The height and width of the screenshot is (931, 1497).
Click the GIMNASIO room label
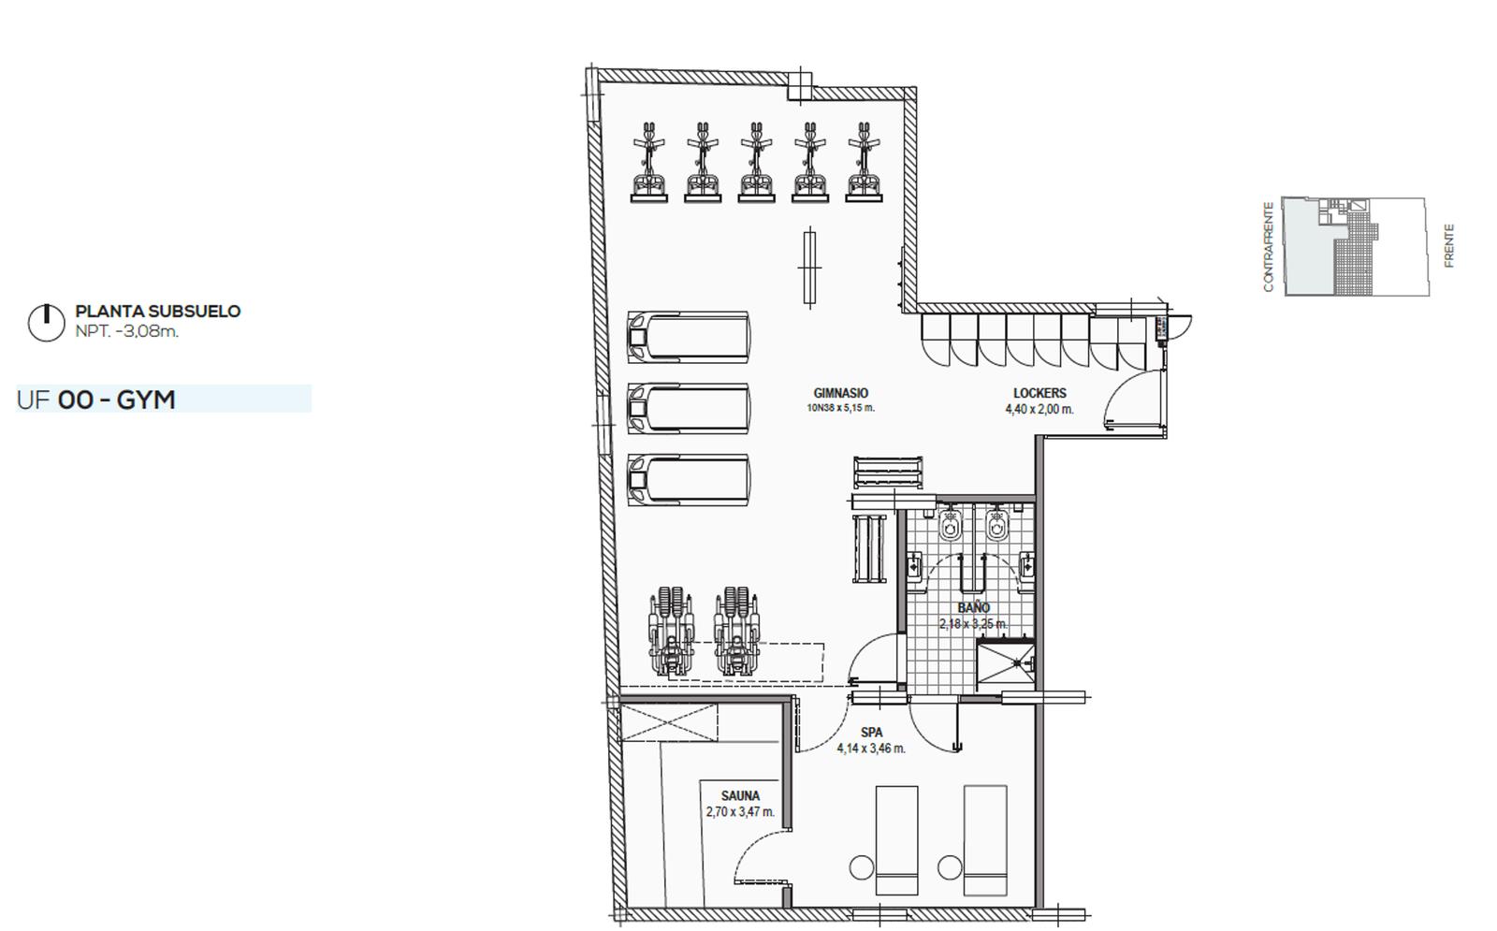841,393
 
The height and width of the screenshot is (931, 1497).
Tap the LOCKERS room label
1039,393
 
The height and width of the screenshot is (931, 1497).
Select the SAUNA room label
740,795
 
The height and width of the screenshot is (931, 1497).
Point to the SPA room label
871,732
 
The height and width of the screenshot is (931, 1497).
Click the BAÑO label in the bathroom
974,607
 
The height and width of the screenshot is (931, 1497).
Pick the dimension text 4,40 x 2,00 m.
1039,409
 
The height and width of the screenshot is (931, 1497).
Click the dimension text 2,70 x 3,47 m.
740,812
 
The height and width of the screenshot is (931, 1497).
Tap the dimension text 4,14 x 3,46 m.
871,749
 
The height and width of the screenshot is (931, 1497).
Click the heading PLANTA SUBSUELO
158,311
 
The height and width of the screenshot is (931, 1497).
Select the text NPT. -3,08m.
127,331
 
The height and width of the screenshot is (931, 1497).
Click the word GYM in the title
146,400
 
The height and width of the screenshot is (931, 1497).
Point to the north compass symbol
46,323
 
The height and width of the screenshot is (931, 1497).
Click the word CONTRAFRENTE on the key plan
1269,247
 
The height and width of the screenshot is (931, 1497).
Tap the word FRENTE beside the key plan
1449,246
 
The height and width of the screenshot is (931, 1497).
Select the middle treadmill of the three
689,408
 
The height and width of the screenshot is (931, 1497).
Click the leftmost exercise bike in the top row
649,162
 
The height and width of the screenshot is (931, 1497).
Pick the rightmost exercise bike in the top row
865,162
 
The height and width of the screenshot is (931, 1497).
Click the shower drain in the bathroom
1017,663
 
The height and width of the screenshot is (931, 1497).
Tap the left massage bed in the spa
897,840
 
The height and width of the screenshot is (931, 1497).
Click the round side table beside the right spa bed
950,867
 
